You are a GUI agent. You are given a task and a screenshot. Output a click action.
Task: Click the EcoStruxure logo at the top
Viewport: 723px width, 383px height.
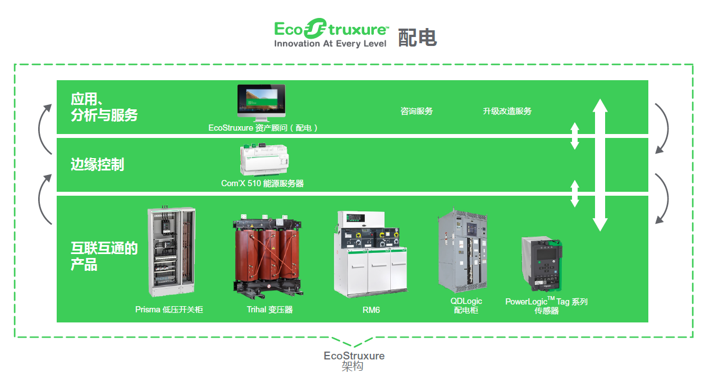[x=331, y=34]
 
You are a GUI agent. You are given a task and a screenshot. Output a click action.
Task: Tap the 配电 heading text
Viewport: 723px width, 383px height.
[x=417, y=37]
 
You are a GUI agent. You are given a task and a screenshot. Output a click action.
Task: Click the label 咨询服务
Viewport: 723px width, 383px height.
[x=417, y=111]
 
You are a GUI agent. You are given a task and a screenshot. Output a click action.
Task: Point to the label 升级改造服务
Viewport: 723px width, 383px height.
[x=507, y=111]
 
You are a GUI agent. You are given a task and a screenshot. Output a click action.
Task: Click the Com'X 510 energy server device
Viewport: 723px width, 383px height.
[x=262, y=160]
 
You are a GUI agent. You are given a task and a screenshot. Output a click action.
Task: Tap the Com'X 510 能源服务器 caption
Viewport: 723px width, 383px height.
[x=262, y=183]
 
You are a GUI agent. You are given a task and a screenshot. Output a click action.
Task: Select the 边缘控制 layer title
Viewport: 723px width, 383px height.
[x=97, y=164]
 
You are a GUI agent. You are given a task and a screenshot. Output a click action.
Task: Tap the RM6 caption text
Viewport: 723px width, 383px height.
[x=371, y=310]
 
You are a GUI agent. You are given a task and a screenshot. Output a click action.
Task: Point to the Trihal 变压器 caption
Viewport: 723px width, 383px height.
[x=269, y=310]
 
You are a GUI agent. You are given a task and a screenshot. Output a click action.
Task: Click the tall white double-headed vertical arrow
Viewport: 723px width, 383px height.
[x=600, y=165]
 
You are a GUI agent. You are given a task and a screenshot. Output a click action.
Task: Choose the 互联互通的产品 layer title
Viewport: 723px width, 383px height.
[x=104, y=256]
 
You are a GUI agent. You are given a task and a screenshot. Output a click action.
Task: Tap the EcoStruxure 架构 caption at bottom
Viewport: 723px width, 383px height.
[x=354, y=361]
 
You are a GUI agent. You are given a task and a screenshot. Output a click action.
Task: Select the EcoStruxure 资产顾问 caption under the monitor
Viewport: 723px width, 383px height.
[x=263, y=128]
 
